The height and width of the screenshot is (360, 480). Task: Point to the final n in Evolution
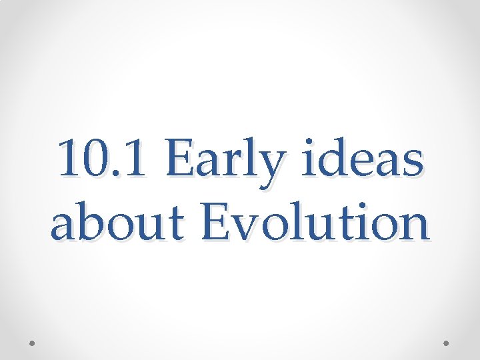coord(415,227)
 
